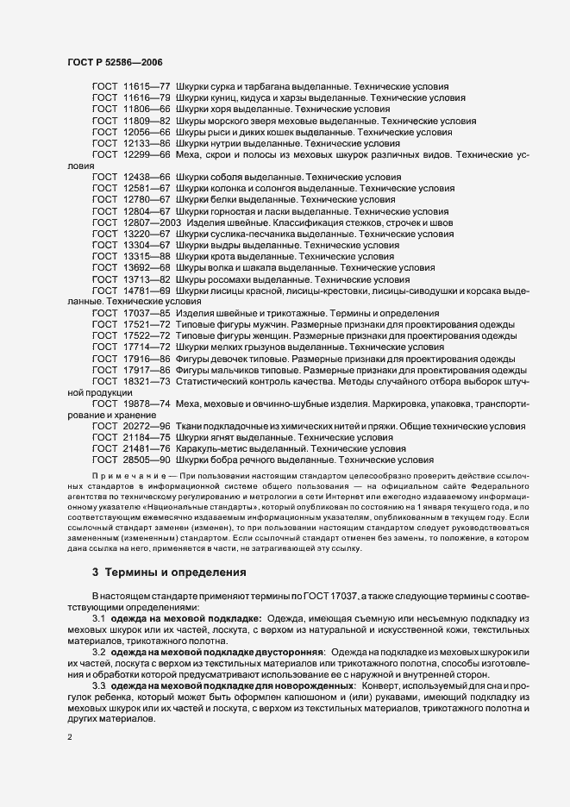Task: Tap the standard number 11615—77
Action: pos(147,88)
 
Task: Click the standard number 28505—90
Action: pos(147,460)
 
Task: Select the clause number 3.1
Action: pos(98,618)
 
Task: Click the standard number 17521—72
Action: pos(147,323)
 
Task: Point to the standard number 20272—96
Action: pos(147,425)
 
